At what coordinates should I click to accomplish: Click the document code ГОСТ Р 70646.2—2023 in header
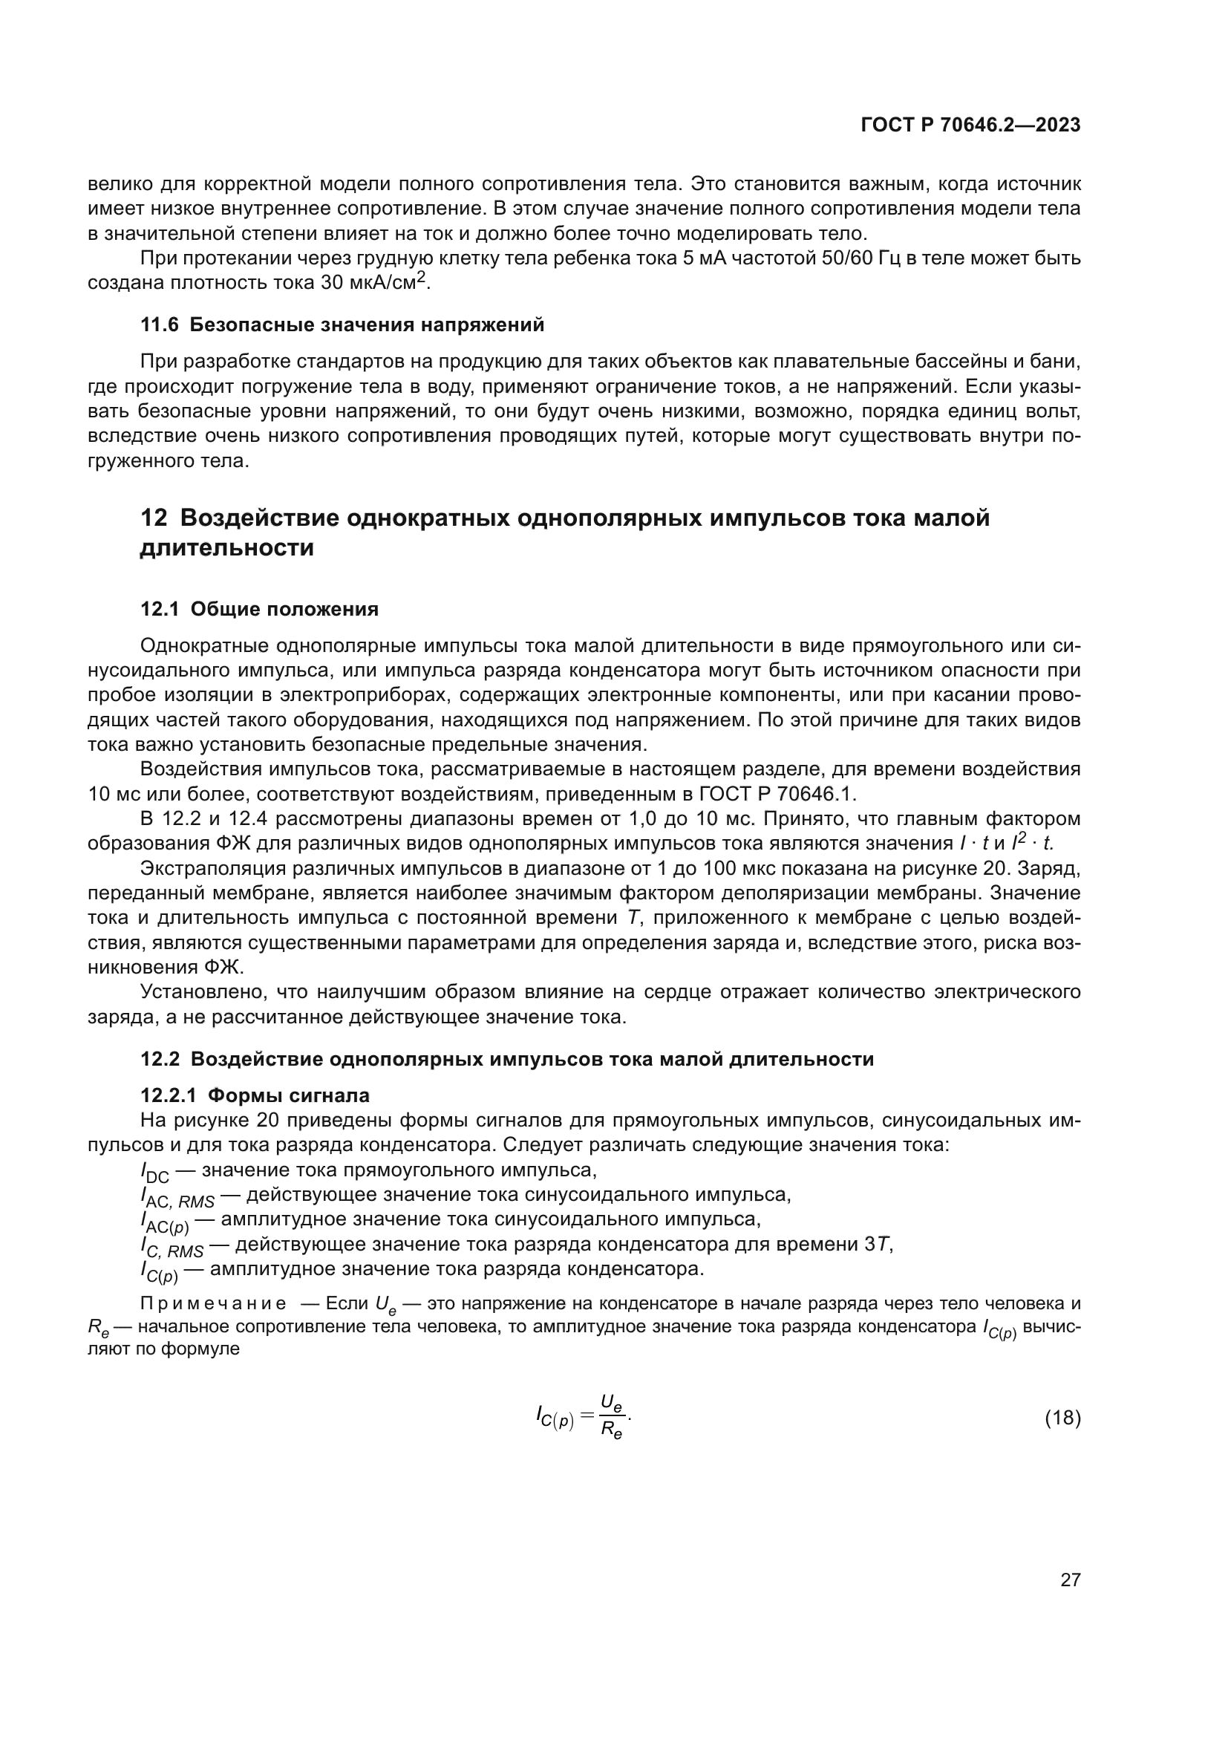[970, 126]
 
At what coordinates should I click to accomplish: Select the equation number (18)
[1062, 1418]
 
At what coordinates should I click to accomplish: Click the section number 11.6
[160, 325]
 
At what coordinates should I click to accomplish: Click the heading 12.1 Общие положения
[259, 609]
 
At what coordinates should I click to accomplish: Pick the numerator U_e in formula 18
[611, 1404]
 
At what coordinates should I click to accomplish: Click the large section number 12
[154, 518]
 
